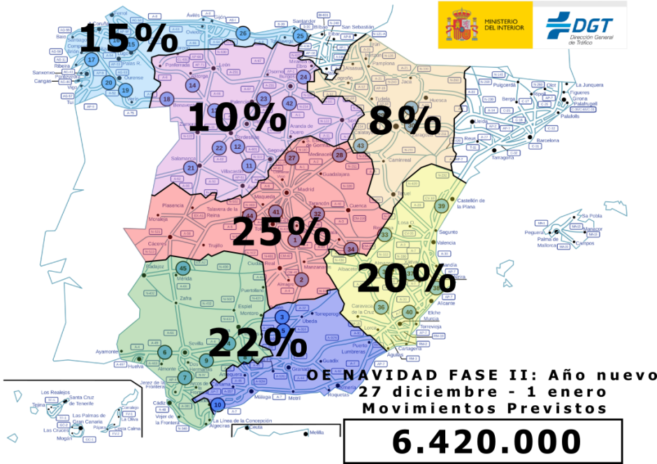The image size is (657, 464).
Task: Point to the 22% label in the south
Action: click(x=257, y=342)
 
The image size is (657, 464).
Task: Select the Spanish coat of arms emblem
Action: click(x=460, y=25)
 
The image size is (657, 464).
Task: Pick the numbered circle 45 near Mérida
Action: click(x=184, y=268)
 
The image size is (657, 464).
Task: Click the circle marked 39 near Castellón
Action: click(x=441, y=206)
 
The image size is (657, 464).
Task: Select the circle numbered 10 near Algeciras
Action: click(x=217, y=405)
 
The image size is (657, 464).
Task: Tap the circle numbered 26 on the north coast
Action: click(x=243, y=33)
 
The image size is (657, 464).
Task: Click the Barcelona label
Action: click(x=547, y=140)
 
